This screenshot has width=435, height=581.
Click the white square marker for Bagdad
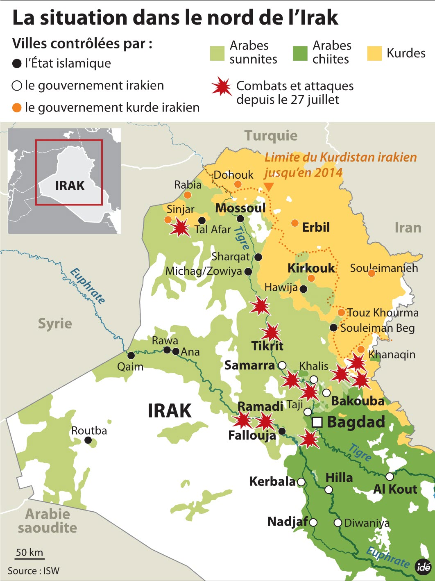click(317, 422)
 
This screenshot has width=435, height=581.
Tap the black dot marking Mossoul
click(240, 219)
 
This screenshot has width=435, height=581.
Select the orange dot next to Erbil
click(295, 223)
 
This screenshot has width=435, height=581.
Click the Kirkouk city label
click(311, 268)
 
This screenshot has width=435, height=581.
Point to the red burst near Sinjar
click(180, 228)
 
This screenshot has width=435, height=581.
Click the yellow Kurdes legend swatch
click(374, 53)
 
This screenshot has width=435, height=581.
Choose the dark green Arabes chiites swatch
click(300, 53)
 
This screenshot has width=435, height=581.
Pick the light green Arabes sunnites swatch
click(217, 53)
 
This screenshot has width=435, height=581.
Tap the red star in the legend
click(222, 87)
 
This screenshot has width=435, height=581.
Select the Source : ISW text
click(34, 571)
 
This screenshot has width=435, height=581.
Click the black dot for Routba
click(88, 440)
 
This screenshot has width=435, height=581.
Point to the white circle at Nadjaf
click(313, 522)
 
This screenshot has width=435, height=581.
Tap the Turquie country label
click(271, 136)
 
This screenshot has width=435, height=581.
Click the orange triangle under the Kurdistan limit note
click(269, 187)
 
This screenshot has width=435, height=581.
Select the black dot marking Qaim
click(131, 355)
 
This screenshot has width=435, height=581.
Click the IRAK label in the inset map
click(70, 186)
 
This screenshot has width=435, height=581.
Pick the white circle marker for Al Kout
click(390, 476)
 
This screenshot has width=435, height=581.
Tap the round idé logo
click(424, 567)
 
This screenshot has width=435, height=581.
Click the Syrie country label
click(55, 324)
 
